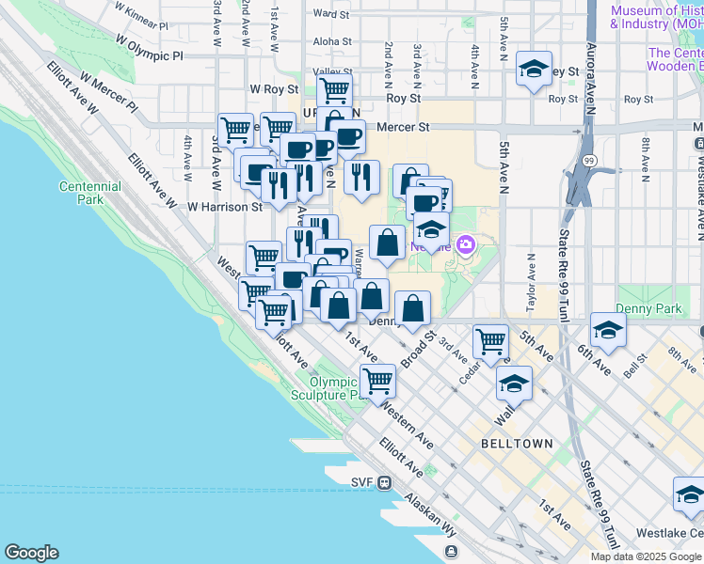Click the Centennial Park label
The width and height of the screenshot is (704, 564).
coord(89,193)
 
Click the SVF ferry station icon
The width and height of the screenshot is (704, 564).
coord(384,482)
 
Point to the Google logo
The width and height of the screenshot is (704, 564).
coord(31,553)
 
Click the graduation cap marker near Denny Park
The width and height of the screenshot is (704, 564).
coord(608,331)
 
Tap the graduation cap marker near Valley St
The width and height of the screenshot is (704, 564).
coord(534,70)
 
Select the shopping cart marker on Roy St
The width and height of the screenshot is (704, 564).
coord(334,92)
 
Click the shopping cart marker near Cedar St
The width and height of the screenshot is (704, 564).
coord(490,342)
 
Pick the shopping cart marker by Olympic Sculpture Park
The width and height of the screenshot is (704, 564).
coord(377,382)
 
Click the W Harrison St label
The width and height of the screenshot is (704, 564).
coord(224,206)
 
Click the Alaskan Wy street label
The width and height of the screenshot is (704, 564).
coord(431,517)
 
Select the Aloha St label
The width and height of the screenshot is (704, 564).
coord(332,41)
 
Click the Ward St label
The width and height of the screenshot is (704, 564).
coord(330,14)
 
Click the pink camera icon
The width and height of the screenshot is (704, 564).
coord(465,245)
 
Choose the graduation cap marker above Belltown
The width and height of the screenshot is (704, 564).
coord(514,384)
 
